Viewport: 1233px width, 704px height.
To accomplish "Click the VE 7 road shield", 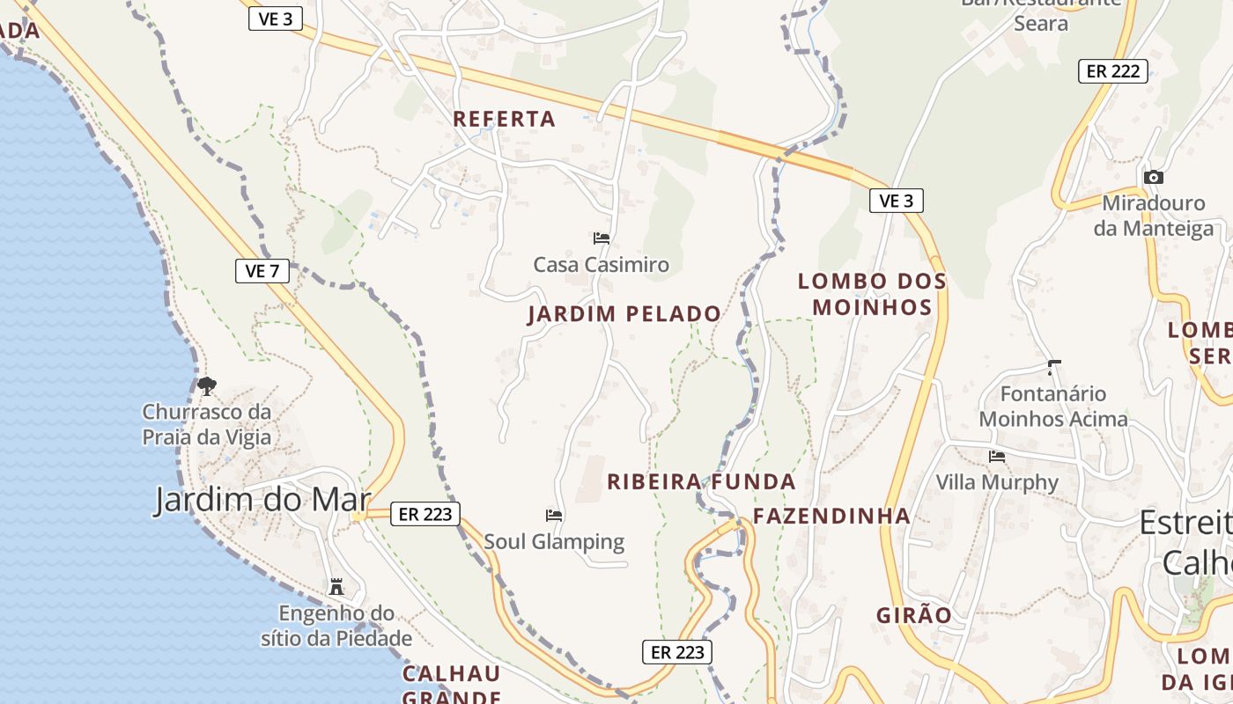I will click(262, 271).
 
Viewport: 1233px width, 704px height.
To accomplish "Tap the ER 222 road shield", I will click(1113, 71).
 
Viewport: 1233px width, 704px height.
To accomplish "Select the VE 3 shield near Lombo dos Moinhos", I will click(897, 201).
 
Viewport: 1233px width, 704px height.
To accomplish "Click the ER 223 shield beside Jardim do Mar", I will click(425, 514).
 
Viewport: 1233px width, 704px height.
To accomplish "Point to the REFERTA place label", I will click(505, 119).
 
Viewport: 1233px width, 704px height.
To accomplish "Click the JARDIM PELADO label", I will click(624, 313).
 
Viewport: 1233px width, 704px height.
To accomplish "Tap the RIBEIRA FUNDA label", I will click(701, 481).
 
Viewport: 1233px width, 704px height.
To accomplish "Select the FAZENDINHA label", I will click(831, 516).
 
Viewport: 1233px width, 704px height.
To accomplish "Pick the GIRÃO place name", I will click(914, 615).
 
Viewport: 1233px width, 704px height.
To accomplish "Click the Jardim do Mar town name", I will click(262, 500).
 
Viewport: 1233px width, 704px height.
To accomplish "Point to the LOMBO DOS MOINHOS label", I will click(872, 294).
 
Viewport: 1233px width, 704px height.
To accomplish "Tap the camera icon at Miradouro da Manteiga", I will click(1153, 178).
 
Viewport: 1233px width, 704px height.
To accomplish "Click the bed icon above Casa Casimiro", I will click(602, 238).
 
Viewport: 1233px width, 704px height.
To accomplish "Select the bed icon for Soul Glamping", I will click(554, 516).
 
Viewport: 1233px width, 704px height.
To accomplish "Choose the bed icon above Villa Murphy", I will click(997, 456).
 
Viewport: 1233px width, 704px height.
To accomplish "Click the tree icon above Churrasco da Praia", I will click(207, 385).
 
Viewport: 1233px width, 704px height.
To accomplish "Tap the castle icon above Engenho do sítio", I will click(336, 587).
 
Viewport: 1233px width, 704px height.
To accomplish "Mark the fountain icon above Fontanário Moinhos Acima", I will click(1053, 367).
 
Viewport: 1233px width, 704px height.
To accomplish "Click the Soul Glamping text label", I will click(554, 541).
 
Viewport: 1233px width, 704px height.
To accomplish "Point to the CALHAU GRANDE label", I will click(452, 685).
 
